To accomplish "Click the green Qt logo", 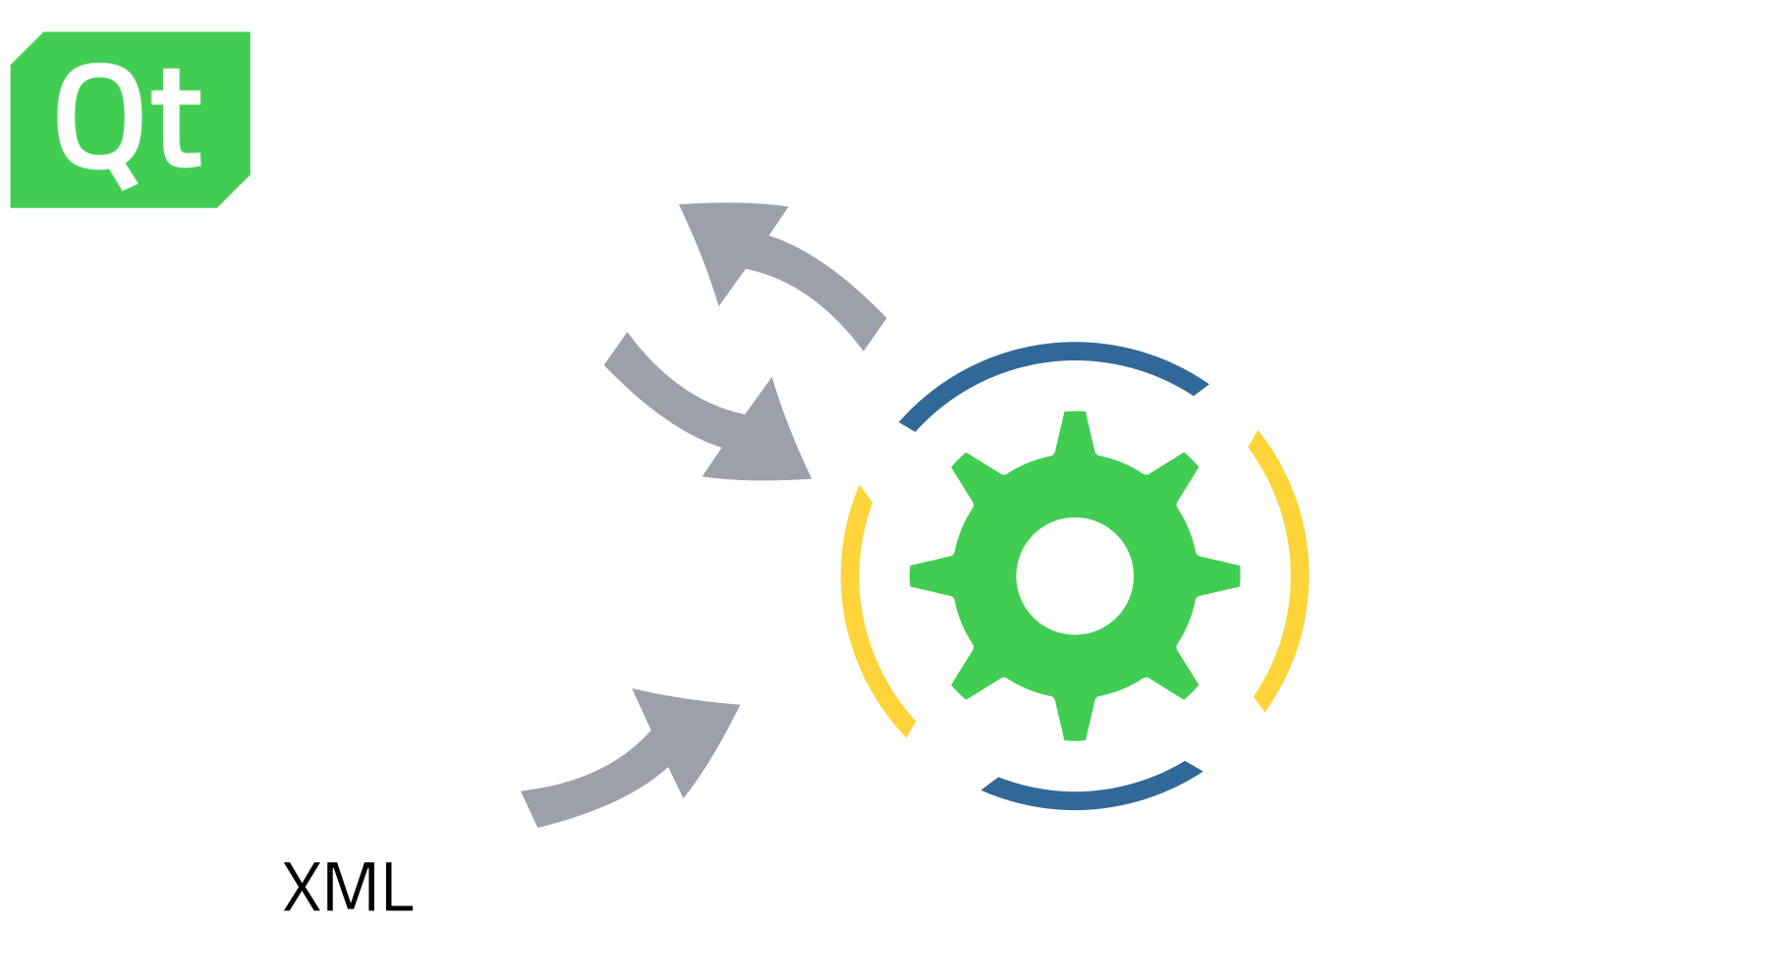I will click(x=130, y=119).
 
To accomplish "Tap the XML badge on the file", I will click(x=346, y=888).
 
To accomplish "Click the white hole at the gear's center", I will click(x=1075, y=575).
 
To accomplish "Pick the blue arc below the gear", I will click(x=1086, y=787).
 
